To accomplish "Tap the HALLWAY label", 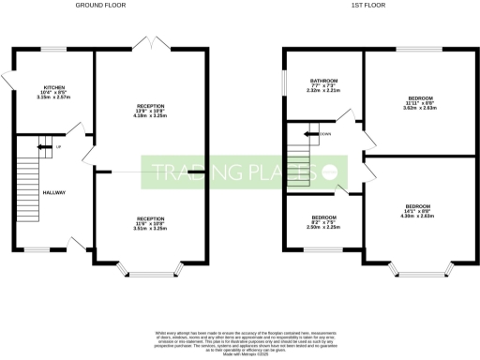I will (54, 192).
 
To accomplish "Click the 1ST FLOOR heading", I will (373, 5).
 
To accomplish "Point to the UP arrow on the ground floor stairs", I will (43, 146).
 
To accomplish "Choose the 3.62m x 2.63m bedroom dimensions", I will (418, 108).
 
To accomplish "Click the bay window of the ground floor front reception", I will (144, 273).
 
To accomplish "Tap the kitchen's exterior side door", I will (8, 82).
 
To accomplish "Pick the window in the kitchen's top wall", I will (54, 50).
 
